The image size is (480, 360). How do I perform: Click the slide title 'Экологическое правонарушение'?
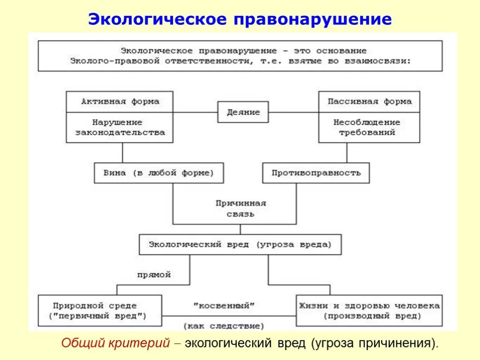(x=240, y=19)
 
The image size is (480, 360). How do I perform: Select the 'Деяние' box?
(x=243, y=112)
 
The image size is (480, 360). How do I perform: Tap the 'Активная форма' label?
(x=120, y=102)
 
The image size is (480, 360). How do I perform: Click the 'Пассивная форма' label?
(x=369, y=102)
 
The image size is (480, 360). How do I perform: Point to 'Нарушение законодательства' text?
(x=120, y=127)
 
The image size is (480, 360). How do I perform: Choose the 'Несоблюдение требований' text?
(x=367, y=127)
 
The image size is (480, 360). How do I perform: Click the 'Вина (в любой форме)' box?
(x=158, y=173)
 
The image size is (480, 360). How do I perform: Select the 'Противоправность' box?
(x=316, y=173)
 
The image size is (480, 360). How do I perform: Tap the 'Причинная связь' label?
(x=241, y=209)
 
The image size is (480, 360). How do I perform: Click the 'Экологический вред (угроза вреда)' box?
(x=240, y=245)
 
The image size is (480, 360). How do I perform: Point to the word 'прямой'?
(x=154, y=275)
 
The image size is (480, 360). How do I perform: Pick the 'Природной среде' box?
(x=100, y=310)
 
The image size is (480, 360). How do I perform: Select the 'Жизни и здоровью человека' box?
(x=369, y=310)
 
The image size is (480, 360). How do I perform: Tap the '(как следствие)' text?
(x=224, y=325)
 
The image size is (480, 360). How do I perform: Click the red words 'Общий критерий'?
(x=115, y=343)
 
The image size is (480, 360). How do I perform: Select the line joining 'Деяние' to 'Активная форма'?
(x=195, y=112)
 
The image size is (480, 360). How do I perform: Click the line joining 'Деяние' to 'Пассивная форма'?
(x=293, y=112)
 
